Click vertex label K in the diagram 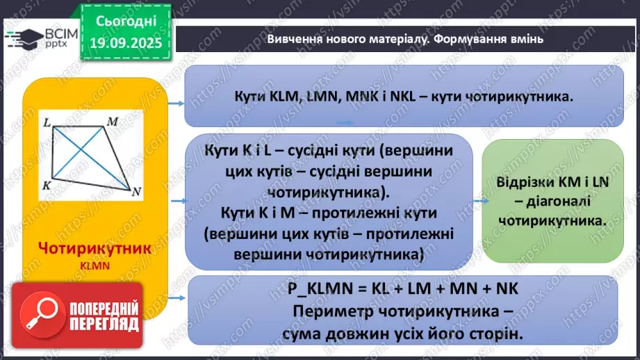coord(45,185)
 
